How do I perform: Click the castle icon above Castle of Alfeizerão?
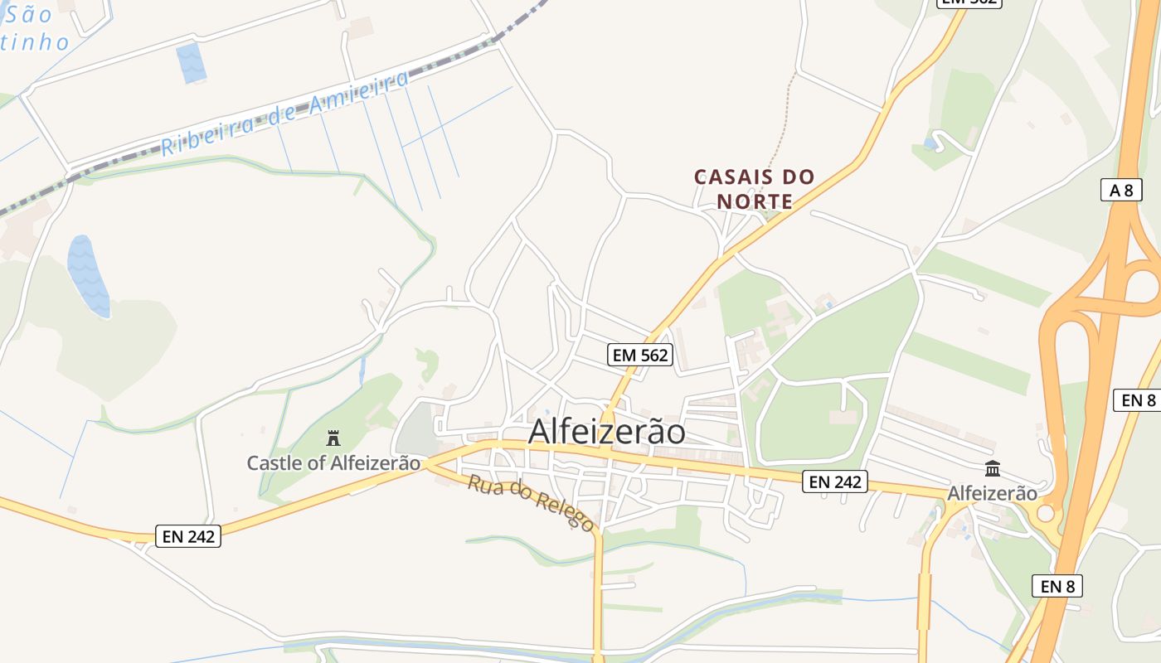click(333, 437)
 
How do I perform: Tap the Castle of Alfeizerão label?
click(333, 462)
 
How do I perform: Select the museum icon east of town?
click(993, 469)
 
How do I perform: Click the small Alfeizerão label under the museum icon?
click(992, 493)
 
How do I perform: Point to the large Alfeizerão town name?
click(607, 432)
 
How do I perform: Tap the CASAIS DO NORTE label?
click(755, 189)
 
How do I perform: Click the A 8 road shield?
click(1120, 190)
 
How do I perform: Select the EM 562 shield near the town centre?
click(639, 356)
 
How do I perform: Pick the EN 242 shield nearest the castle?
click(189, 536)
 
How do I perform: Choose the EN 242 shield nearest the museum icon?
click(834, 482)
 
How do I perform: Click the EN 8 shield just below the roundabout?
click(1057, 587)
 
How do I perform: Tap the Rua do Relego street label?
click(531, 502)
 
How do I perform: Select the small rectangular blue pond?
click(192, 63)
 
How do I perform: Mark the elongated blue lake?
click(88, 276)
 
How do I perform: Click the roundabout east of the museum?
click(1046, 514)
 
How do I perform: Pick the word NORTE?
click(755, 201)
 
